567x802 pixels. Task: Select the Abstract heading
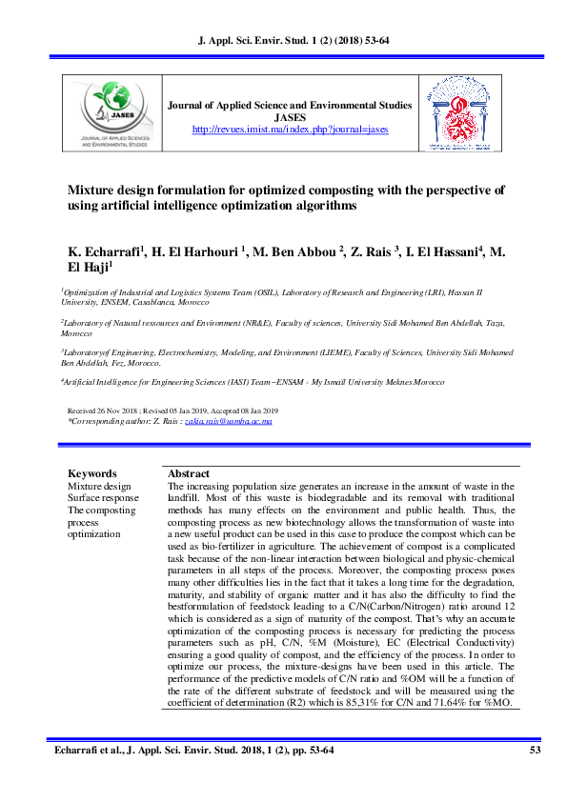pos(188,473)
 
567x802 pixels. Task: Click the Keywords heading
pos(92,473)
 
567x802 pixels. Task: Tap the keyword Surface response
pos(103,498)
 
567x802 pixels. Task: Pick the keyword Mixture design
pos(99,486)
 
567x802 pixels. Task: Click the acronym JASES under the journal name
pos(290,117)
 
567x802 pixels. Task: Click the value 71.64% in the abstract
pos(453,703)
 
